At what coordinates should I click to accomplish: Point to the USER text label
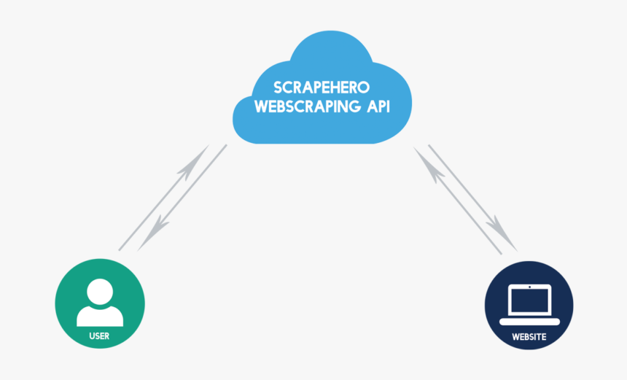click(99, 336)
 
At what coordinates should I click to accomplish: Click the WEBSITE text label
click(529, 337)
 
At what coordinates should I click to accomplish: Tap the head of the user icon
click(100, 291)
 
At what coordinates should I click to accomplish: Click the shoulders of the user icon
click(100, 316)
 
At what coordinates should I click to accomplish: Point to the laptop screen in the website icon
click(529, 300)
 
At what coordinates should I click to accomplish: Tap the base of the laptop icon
click(529, 321)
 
